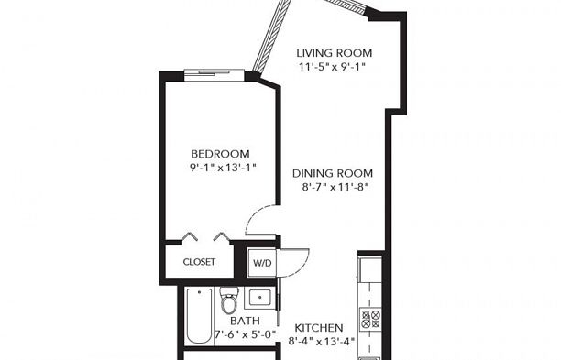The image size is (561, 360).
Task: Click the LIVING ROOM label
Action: coord(335,53)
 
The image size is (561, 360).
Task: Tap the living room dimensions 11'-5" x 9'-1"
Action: coord(332,67)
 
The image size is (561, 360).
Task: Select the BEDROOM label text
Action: coord(220,154)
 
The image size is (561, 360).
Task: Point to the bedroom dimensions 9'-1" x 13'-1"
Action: coord(223,168)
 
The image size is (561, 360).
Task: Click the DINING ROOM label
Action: coord(333,174)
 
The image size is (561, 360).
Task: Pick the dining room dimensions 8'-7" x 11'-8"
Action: coord(335,187)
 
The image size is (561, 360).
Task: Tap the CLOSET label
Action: coord(199,262)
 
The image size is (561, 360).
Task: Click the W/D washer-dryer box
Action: coord(262,263)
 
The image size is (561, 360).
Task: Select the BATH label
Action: coord(245,321)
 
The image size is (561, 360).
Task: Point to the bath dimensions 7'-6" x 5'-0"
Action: coord(246,334)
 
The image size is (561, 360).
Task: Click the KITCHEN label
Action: coord(319,328)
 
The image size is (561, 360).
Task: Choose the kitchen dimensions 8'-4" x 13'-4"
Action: coord(322,341)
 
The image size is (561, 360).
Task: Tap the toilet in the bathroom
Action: coord(229,300)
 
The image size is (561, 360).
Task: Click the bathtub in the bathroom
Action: coord(199,316)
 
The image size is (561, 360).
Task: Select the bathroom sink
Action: coord(259,298)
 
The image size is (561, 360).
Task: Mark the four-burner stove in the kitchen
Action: coord(370,319)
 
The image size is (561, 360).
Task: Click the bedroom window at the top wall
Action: coord(214,74)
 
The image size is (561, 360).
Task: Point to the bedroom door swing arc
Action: coord(261,219)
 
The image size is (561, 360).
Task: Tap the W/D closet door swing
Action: coord(293,263)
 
